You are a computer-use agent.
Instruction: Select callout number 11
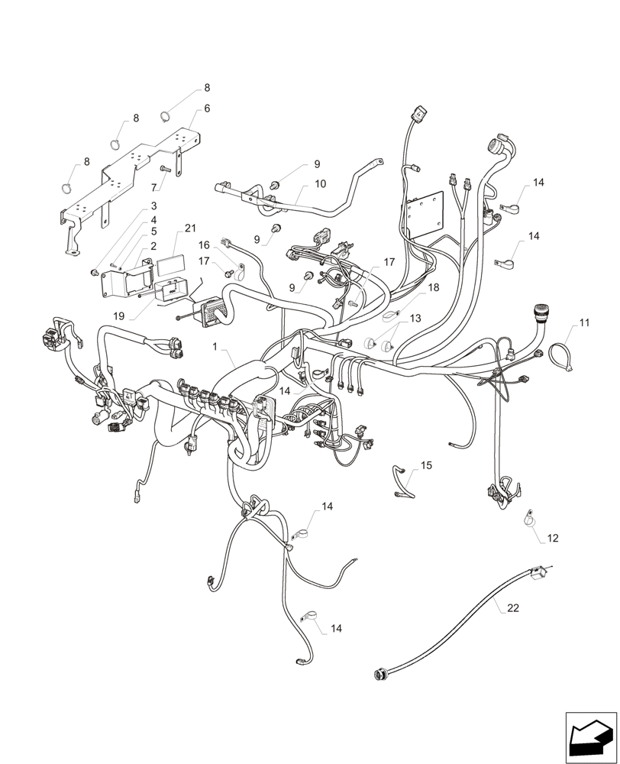pos(584,324)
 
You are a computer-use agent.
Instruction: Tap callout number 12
pos(552,539)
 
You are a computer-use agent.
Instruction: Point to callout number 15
pos(426,465)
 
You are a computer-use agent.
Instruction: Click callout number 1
pos(215,346)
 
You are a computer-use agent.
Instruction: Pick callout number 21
pos(190,228)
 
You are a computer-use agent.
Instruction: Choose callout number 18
pos(434,288)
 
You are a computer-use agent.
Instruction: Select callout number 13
pos(415,317)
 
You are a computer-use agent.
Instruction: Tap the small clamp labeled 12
pos(529,520)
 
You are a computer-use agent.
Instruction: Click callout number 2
pos(153,246)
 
